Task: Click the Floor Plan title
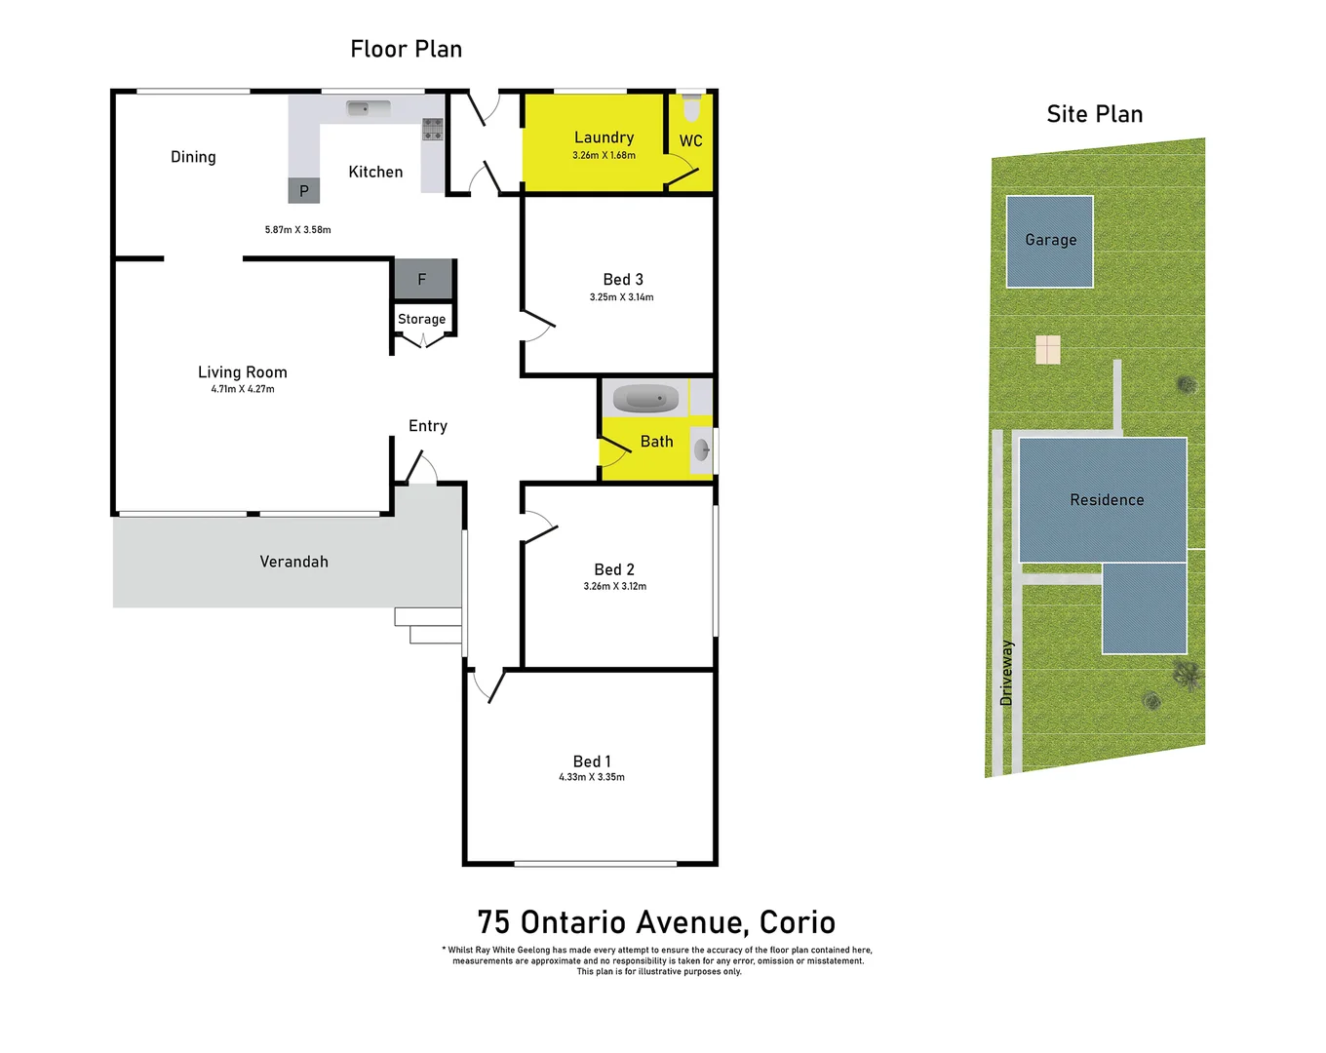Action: (406, 49)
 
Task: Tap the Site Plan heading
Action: (1094, 114)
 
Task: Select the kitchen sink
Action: (368, 108)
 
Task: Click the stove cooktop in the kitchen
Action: (432, 129)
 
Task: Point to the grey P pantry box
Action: (303, 190)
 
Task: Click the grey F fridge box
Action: (422, 280)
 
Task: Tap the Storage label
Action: (421, 319)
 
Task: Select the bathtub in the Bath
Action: (645, 398)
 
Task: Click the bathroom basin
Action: (701, 449)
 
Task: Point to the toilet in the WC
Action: (691, 105)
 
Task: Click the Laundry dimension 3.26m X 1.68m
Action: (604, 156)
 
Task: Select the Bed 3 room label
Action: (622, 280)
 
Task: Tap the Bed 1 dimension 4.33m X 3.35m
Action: (591, 777)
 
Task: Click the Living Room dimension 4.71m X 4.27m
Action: (243, 389)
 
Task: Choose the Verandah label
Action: (293, 562)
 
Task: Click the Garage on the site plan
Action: (1050, 241)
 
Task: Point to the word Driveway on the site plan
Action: (1006, 673)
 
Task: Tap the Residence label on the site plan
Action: (1107, 500)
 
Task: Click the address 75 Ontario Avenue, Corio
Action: (656, 922)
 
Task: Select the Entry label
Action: (428, 426)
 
